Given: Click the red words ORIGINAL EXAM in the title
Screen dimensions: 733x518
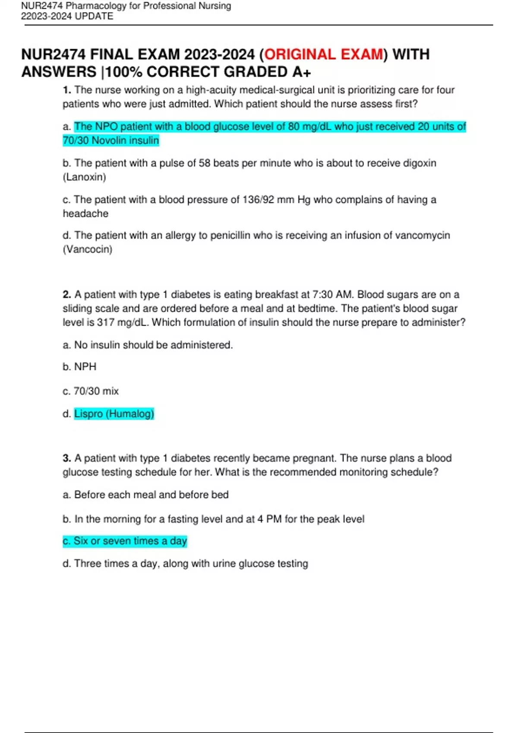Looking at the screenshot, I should tap(323, 55).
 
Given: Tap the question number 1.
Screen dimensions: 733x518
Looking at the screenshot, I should tap(66, 90).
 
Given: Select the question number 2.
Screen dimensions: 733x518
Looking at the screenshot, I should tap(66, 294).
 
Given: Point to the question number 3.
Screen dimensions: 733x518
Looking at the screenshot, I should tap(66, 458).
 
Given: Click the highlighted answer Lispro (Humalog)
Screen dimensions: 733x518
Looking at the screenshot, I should tap(114, 414).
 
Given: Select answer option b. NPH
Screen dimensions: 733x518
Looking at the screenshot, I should tap(80, 367).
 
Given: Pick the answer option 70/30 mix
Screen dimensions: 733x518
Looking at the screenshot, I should tap(96, 391).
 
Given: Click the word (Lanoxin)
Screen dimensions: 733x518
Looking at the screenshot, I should tap(84, 177).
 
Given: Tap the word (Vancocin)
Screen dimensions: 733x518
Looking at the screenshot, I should tap(88, 249).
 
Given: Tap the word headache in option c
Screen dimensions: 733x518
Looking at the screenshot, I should tap(85, 213).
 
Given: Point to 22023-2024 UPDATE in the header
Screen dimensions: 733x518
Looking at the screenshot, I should tap(67, 16).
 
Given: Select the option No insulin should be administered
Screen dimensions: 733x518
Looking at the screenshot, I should tap(153, 345).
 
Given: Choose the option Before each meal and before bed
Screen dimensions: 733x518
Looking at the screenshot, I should tap(151, 495).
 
